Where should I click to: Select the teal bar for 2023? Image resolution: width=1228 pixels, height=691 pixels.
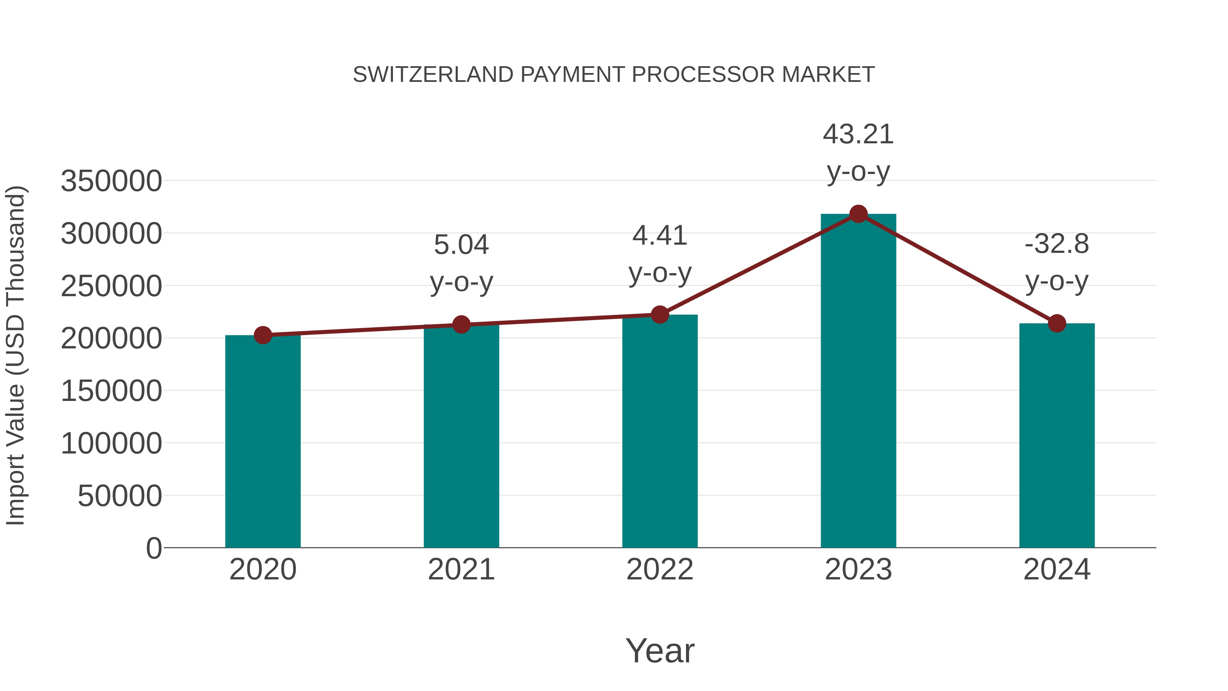click(x=858, y=382)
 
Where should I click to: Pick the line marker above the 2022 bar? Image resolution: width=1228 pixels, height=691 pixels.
click(x=660, y=315)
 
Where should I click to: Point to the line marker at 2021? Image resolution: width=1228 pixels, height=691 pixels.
click(x=461, y=325)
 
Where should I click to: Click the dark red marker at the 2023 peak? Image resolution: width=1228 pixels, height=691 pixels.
click(x=858, y=214)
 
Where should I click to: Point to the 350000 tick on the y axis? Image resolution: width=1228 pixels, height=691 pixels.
click(x=111, y=181)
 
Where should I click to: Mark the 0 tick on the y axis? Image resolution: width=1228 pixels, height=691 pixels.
click(x=154, y=548)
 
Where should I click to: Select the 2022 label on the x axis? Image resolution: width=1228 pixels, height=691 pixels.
click(x=660, y=570)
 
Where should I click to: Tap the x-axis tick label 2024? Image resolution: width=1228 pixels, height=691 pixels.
click(x=1057, y=570)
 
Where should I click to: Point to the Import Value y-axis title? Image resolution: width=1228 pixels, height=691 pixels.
click(x=15, y=355)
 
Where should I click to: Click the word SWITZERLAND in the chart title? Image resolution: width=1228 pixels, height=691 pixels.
click(x=433, y=75)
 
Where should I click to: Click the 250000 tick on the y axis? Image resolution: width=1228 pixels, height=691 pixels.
click(x=111, y=286)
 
